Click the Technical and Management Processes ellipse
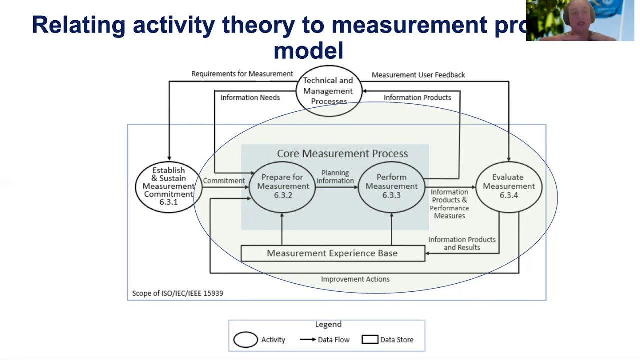point(328,91)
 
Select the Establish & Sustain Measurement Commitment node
point(169,186)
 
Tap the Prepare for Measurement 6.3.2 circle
point(282,186)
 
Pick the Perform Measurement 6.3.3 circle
point(391,186)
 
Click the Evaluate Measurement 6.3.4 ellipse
point(508,186)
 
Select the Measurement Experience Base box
point(332,253)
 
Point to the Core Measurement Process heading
point(342,153)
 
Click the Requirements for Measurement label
point(242,74)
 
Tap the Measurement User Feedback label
point(418,75)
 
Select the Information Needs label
point(250,97)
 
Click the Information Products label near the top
point(417,97)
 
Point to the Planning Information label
point(335,177)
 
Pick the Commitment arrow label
point(224,180)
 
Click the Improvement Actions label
point(355,279)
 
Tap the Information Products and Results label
point(462,243)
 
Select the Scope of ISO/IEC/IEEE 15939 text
point(177,293)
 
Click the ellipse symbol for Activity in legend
point(246,340)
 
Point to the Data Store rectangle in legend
point(370,340)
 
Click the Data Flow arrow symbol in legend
point(307,340)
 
